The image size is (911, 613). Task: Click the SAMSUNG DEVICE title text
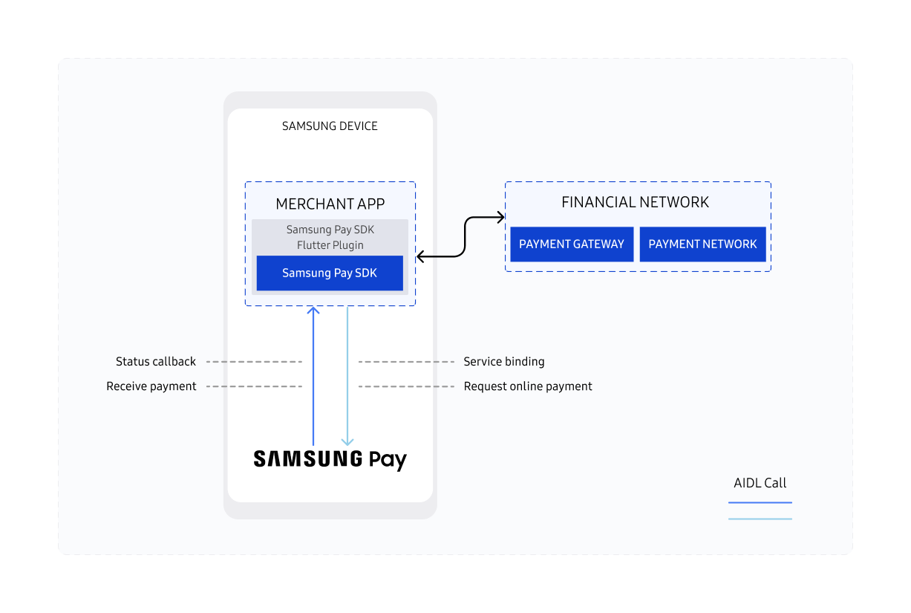(330, 126)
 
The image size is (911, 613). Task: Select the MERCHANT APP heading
(330, 204)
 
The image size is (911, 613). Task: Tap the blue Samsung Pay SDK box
(330, 273)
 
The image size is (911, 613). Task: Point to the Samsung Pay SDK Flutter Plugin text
(330, 237)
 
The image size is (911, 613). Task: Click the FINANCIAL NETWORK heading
(635, 202)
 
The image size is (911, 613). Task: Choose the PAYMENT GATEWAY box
(572, 244)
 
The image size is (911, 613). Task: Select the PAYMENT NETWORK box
(702, 244)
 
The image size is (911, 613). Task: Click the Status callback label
(156, 362)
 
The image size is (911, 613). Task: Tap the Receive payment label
(151, 386)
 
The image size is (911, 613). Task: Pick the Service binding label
(504, 362)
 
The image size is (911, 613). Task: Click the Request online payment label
(528, 386)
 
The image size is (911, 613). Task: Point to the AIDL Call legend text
(760, 483)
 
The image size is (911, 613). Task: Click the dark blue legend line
(760, 503)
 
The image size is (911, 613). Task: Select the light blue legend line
(760, 519)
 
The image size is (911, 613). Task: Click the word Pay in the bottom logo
(388, 460)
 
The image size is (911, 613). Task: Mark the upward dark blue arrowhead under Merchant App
(313, 311)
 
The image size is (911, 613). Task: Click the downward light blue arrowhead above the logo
(347, 441)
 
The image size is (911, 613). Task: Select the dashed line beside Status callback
(254, 362)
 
